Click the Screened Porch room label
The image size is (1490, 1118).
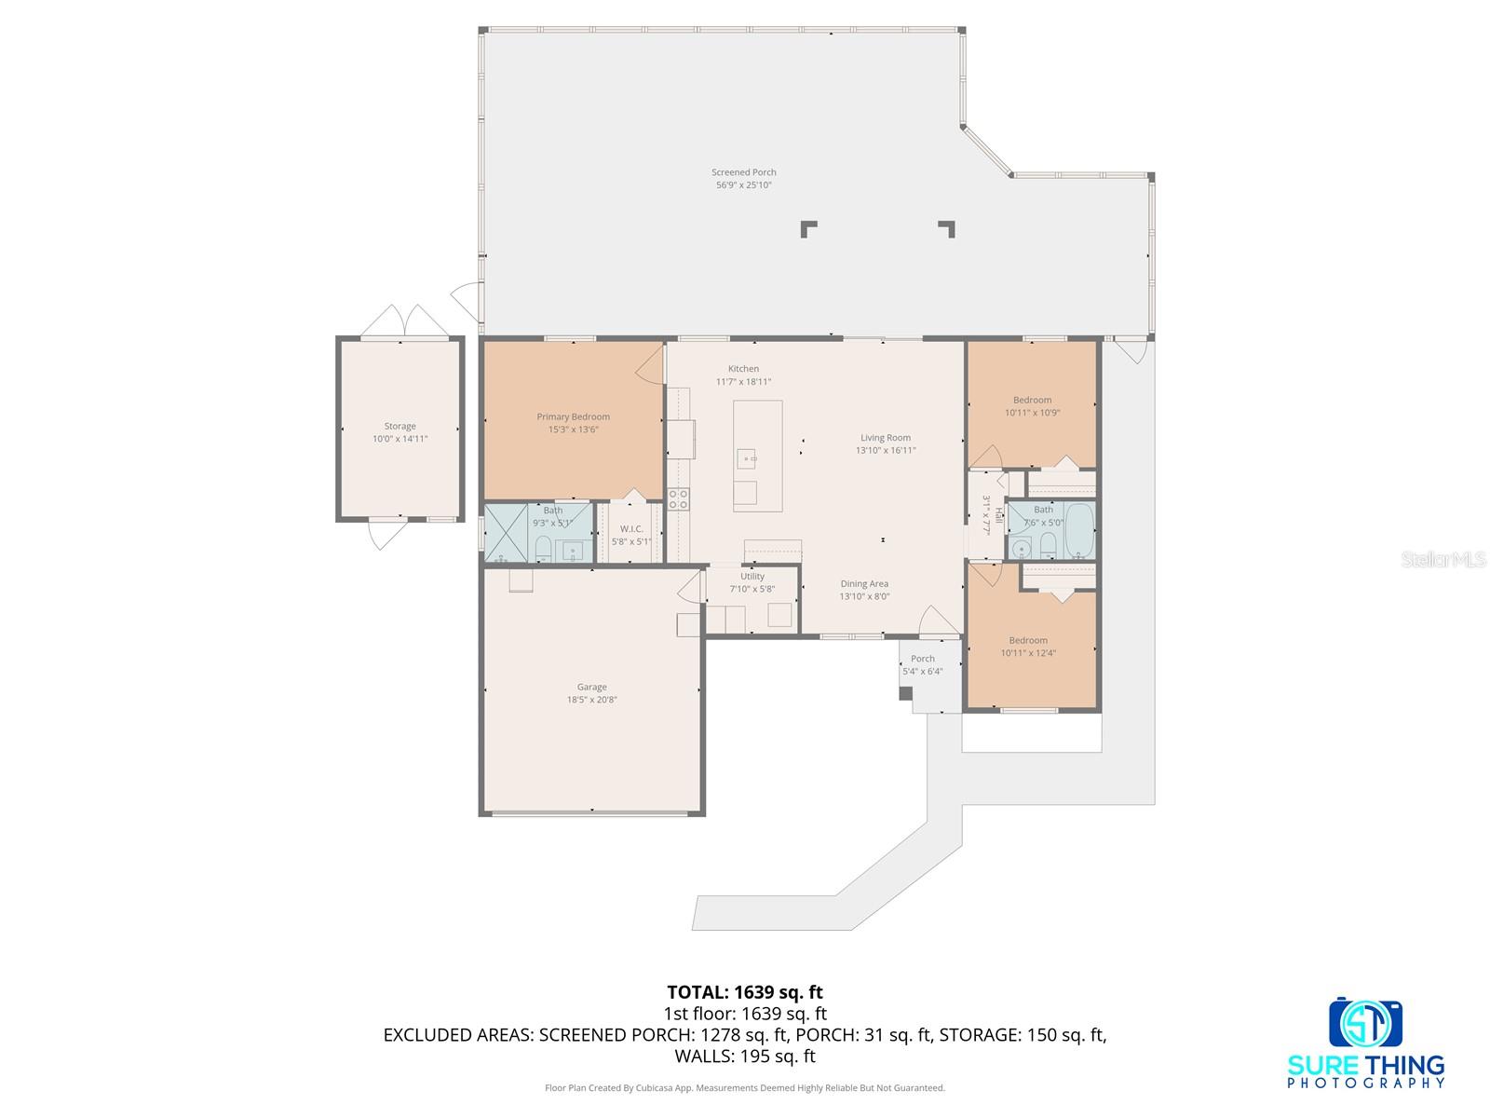pos(743,172)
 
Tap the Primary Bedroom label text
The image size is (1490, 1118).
pos(573,416)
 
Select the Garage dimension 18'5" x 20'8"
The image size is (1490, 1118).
pos(591,700)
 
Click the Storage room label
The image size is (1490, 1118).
pos(400,426)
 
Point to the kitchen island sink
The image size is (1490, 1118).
pos(746,457)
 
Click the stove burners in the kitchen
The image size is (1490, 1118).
pos(678,498)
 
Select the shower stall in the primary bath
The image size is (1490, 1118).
pos(506,532)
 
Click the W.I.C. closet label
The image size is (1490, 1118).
pos(631,528)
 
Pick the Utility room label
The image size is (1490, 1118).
pos(752,576)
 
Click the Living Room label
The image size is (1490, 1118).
pos(885,437)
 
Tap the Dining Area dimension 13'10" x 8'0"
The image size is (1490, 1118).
pos(864,596)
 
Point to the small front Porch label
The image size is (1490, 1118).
pos(922,659)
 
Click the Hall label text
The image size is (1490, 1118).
pos(997,513)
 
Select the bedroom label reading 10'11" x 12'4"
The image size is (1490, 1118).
pos(1028,653)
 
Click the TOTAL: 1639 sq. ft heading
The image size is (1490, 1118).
pos(744,992)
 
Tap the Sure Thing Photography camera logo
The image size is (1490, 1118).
pos(1365,1023)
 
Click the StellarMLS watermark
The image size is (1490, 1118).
pos(1442,559)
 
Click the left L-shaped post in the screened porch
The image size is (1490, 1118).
pos(808,228)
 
